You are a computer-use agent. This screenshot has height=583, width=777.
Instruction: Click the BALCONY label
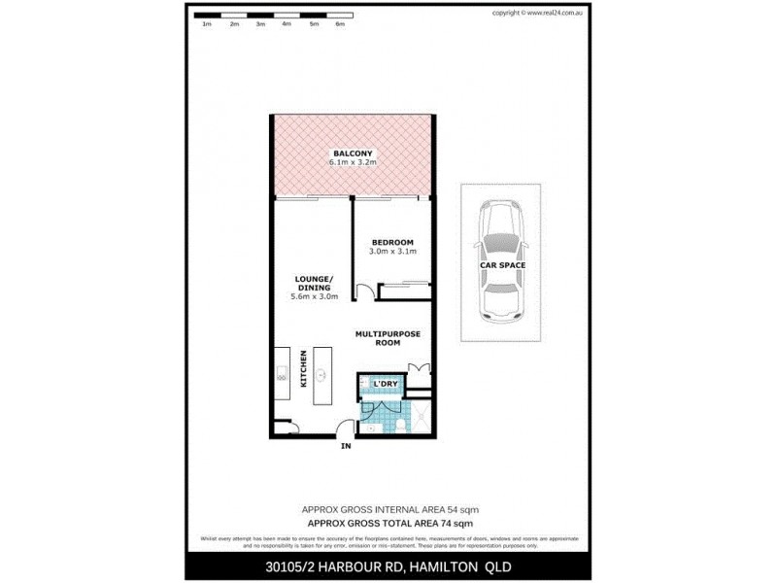point(350,154)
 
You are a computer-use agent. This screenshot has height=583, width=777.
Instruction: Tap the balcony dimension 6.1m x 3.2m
point(350,163)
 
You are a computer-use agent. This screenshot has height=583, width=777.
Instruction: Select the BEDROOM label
point(392,242)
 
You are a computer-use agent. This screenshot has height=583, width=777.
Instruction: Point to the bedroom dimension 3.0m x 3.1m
point(392,252)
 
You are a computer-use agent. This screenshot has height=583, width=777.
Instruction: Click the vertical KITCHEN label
point(304,369)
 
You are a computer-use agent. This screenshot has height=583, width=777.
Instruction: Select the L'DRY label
point(387,385)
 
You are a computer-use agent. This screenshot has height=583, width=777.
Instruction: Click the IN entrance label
point(345,448)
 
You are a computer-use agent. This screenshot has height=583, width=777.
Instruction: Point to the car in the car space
point(498,262)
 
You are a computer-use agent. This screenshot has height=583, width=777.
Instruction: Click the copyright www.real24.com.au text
point(537,13)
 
